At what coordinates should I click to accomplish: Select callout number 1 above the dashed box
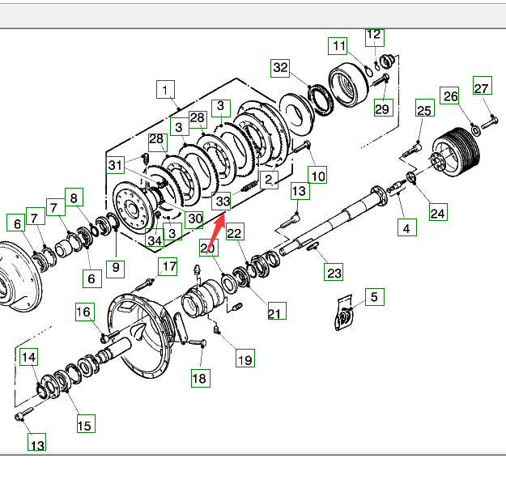pyautogui.click(x=166, y=89)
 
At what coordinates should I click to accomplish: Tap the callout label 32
pyautogui.click(x=280, y=68)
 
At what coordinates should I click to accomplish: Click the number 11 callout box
pyautogui.click(x=338, y=46)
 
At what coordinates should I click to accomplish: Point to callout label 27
pyautogui.click(x=482, y=88)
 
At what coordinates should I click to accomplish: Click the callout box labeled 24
pyautogui.click(x=437, y=214)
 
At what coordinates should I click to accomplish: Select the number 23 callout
pyautogui.click(x=334, y=273)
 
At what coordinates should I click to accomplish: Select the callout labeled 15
pyautogui.click(x=85, y=424)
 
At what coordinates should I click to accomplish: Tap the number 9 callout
pyautogui.click(x=116, y=265)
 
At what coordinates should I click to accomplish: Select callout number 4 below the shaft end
pyautogui.click(x=406, y=228)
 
